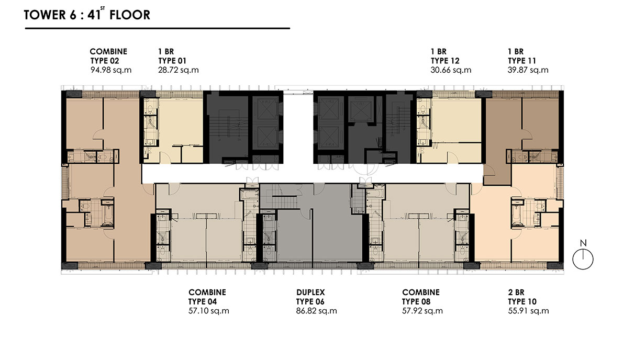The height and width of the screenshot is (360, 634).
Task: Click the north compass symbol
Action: (583, 260)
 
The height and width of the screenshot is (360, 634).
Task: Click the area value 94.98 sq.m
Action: (111, 70)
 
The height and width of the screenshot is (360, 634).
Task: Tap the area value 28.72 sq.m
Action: (179, 70)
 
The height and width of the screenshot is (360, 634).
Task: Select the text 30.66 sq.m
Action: (451, 70)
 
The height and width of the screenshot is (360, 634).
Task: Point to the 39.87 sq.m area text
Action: (528, 70)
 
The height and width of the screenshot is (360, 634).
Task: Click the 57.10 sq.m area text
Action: (208, 311)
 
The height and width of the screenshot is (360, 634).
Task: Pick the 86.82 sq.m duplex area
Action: (316, 311)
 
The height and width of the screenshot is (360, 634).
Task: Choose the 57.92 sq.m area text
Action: (422, 311)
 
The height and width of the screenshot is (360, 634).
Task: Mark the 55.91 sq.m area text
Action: (528, 311)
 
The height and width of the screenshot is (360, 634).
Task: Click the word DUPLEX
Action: (310, 292)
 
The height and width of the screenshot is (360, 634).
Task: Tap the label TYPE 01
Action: (172, 61)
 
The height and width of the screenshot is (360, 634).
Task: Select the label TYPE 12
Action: (445, 61)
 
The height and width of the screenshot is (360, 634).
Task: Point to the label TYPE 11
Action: (522, 61)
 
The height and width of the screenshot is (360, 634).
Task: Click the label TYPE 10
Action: (522, 302)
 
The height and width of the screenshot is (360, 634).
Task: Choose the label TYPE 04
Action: (203, 302)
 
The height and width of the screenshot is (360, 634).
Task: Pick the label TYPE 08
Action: (416, 302)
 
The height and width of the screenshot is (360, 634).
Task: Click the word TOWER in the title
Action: (45, 15)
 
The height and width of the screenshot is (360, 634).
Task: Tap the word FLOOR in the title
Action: (130, 15)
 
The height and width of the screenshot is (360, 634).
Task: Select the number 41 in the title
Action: (94, 15)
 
